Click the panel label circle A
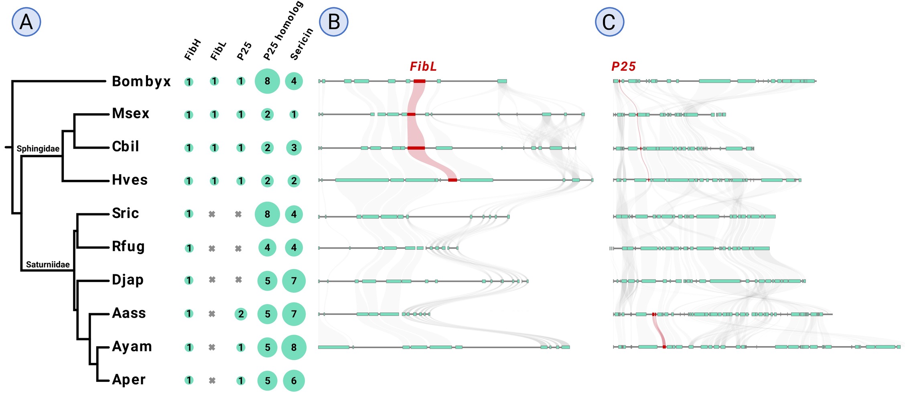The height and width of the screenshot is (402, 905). [x=26, y=22]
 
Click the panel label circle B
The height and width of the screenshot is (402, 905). [x=333, y=22]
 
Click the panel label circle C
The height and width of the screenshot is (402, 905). [x=609, y=22]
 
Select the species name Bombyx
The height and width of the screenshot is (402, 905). [x=141, y=82]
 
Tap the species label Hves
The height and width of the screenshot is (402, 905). [x=130, y=180]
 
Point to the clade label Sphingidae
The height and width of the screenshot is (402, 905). [x=38, y=149]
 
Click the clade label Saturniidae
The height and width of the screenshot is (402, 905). [x=48, y=265]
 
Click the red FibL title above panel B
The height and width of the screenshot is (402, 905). [x=423, y=67]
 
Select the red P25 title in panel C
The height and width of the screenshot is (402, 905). [x=623, y=67]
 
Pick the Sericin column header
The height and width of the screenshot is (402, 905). [x=301, y=44]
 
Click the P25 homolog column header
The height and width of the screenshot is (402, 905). [x=283, y=31]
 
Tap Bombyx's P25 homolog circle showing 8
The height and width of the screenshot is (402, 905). [x=267, y=81]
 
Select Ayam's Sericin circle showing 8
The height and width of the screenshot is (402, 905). [x=294, y=347]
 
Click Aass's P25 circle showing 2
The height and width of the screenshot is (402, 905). [x=241, y=314]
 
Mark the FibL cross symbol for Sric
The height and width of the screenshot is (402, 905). [x=212, y=214]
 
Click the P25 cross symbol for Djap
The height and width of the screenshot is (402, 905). [x=238, y=280]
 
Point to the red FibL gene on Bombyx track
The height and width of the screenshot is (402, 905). [x=419, y=81]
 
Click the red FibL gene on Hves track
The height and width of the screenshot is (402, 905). [x=452, y=180]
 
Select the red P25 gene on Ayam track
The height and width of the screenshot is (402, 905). [x=664, y=347]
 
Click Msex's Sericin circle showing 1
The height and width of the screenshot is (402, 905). [x=294, y=114]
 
